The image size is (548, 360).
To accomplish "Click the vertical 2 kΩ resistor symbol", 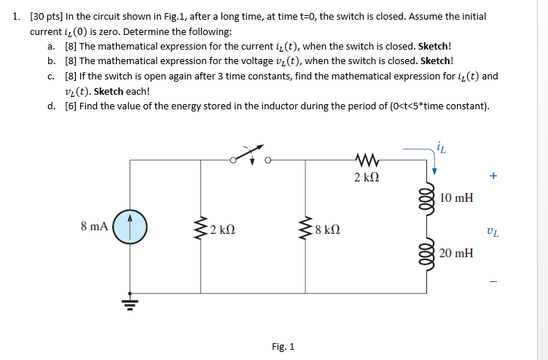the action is (x=200, y=229).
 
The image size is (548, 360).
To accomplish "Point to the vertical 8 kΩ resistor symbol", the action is (x=305, y=229).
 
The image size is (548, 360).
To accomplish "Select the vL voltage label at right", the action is (x=493, y=233).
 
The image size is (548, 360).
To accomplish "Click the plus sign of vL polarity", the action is (x=493, y=176).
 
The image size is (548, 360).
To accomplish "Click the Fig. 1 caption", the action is (x=283, y=346).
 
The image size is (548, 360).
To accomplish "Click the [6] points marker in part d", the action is (x=71, y=106).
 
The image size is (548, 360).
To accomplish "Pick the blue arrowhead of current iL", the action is (x=434, y=171).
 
